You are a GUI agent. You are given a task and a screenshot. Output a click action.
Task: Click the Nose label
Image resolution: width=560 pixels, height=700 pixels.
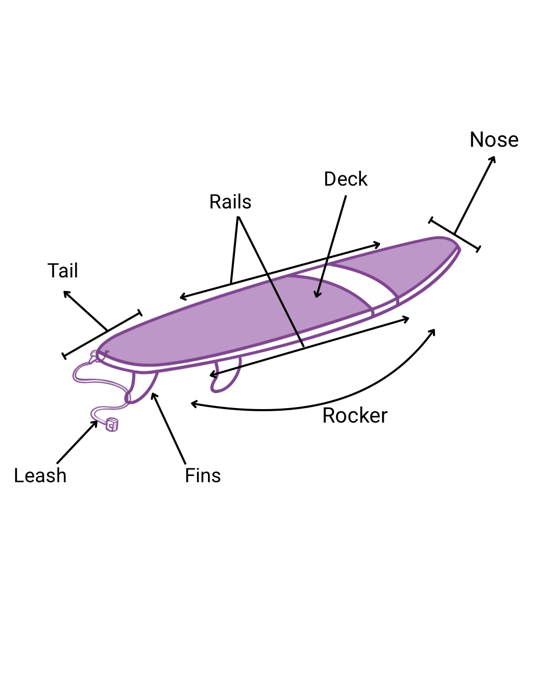[x=494, y=139]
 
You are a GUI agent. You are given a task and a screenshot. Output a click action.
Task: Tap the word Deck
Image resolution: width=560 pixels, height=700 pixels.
[x=345, y=179]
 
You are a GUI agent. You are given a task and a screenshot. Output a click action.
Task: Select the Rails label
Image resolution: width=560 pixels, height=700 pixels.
[x=230, y=202]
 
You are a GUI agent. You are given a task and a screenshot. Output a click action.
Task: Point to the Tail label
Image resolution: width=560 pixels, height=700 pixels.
[x=63, y=271]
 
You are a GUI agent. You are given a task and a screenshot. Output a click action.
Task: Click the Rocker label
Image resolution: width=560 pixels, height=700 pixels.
[x=355, y=415]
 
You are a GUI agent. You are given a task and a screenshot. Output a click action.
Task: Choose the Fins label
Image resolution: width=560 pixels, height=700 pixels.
[x=203, y=475]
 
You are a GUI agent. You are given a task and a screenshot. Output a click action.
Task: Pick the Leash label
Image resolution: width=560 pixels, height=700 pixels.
[x=40, y=475]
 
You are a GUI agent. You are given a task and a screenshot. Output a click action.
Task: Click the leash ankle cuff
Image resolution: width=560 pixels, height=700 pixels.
[x=112, y=425]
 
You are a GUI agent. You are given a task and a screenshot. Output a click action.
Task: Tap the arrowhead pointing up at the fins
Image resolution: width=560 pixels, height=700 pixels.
[x=153, y=396]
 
